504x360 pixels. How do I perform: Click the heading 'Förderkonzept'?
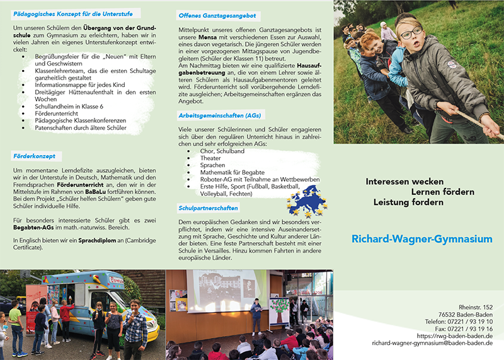tap(34, 155)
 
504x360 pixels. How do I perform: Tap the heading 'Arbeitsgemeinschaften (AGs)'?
tap(219, 115)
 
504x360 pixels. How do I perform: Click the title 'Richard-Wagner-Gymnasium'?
tap(422, 239)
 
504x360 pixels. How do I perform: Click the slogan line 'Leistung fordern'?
tap(408, 202)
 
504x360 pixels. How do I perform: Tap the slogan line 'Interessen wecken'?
tap(404, 182)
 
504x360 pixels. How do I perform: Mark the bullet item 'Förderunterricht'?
tap(62, 114)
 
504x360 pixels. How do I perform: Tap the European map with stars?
tap(307, 201)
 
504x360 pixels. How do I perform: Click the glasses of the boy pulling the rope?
tap(411, 33)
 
